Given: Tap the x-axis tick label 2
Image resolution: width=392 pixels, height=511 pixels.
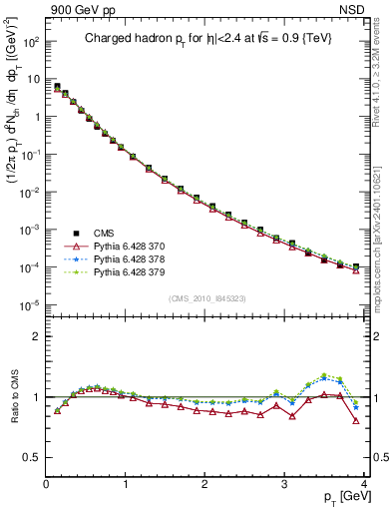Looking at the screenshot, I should coord(205,483).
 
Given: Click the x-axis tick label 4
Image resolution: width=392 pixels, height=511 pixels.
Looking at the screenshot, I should coord(365,483).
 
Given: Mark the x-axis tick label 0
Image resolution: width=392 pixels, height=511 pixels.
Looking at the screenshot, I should coord(46,483).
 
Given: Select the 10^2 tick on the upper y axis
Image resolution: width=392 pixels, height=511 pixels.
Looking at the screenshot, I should coord(30,42).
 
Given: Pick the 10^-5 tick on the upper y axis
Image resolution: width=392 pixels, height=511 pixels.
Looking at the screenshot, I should coord(30,304).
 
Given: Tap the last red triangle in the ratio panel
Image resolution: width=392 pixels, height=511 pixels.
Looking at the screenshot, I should coord(356,420).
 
